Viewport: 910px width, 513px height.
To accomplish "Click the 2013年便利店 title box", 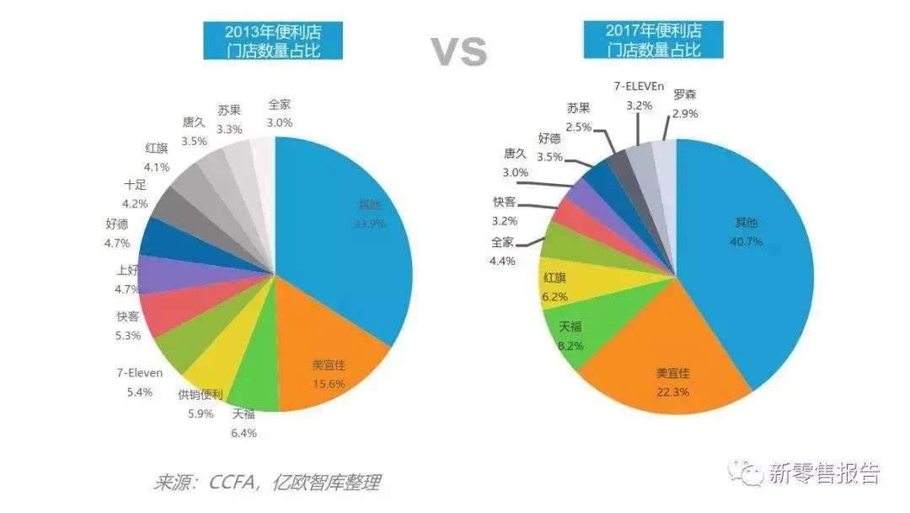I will pos(273,41).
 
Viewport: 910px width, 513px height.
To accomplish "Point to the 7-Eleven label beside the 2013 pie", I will pos(140,372).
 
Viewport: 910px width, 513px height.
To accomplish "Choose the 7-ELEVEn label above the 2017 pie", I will pos(640,87).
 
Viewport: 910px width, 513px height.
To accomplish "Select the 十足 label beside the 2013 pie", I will pos(135,185).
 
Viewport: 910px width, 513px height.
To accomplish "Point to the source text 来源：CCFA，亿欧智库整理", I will pos(266,482).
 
